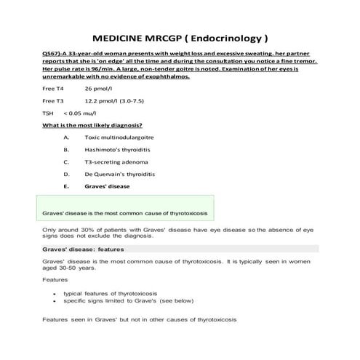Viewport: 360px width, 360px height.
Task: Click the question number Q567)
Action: (x=52, y=55)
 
